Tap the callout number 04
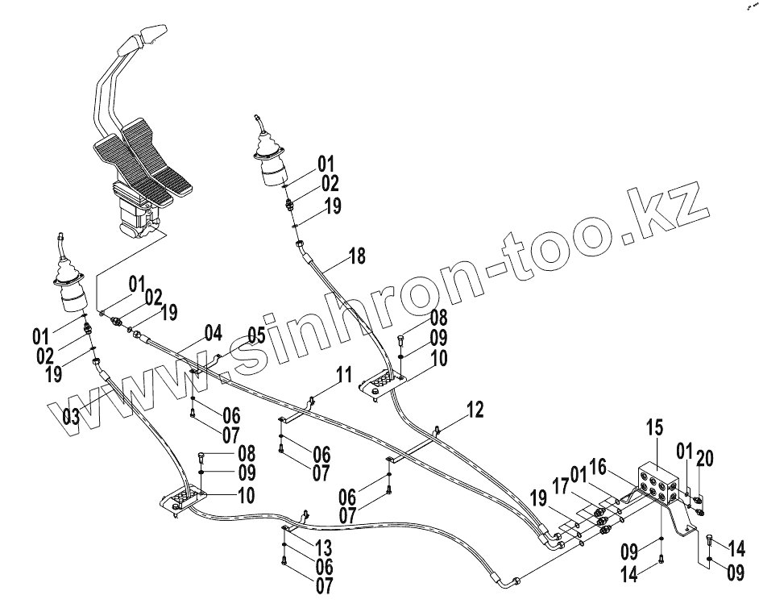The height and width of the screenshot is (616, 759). point(213,332)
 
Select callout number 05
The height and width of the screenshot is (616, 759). point(255,335)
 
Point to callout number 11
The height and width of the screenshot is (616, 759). point(344,375)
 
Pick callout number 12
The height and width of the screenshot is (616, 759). point(475,410)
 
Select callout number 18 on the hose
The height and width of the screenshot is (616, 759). point(356,257)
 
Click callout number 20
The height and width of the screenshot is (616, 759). point(704,457)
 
